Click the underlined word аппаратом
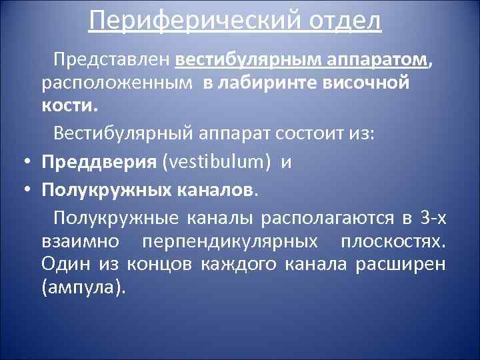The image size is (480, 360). (377, 62)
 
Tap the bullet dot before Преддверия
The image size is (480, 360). (24, 162)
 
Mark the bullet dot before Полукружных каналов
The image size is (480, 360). (24, 191)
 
